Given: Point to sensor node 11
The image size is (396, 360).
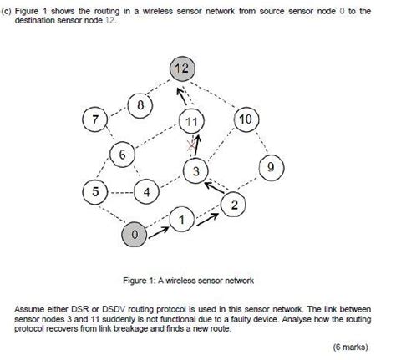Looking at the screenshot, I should click(193, 120).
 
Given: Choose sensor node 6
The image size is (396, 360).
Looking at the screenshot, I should click(123, 155).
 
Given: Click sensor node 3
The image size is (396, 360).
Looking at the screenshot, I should click(195, 172).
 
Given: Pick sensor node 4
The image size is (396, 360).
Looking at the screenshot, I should click(148, 193).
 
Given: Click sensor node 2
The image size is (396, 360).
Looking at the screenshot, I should click(235, 205).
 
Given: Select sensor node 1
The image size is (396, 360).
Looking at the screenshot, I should click(181, 221).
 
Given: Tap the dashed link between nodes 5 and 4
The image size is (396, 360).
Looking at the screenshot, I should click(122, 193).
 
